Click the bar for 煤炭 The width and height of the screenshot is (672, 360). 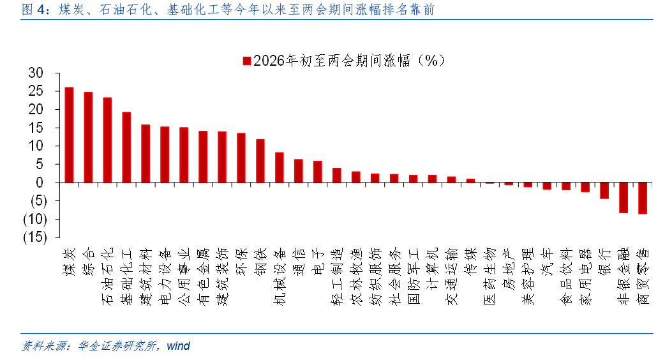pos(69,135)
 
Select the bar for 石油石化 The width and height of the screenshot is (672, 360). pos(107,140)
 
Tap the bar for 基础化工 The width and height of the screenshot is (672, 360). pos(126,147)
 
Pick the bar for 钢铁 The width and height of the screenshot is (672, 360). pos(260,161)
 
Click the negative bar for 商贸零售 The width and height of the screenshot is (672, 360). pos(643,198)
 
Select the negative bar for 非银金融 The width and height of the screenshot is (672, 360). pos(623,197)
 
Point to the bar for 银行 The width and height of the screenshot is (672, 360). pos(604,190)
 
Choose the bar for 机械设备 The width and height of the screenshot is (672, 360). pos(280,167)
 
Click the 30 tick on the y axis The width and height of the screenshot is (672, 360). pos(35,73)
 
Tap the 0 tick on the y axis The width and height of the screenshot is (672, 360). pos(39,183)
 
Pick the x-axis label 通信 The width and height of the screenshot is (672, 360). pos(299,260)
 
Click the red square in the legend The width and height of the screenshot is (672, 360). pos(246,61)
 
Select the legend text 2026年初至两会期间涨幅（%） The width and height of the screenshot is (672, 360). pos(348,61)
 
